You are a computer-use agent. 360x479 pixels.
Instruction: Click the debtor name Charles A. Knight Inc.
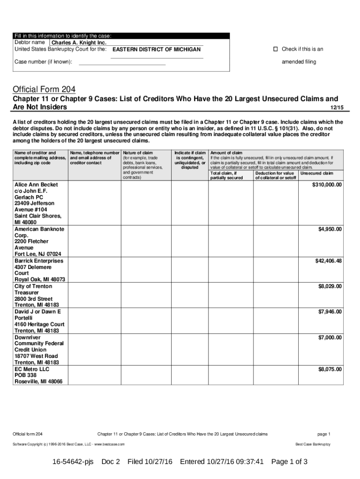79,43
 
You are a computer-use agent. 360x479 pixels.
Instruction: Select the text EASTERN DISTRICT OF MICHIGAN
157,50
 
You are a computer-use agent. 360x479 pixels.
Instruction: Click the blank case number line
122,62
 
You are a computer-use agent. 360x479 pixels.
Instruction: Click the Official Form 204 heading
44,89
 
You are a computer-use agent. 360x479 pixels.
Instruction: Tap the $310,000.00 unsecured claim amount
327,185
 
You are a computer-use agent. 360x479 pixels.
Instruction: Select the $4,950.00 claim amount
330,229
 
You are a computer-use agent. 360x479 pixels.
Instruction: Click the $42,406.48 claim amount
329,261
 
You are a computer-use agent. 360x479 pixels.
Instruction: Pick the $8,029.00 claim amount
330,286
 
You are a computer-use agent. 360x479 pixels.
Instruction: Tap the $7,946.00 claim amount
330,312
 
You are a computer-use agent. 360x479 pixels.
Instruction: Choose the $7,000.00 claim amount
330,337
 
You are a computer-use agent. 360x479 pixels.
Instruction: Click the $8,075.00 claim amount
330,369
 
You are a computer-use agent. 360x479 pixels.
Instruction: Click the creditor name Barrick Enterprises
39,261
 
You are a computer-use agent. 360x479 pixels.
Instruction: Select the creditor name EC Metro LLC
32,369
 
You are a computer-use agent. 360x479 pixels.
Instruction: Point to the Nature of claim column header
138,152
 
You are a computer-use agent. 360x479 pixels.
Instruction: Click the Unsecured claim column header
317,173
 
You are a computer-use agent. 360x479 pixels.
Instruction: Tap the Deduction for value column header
274,173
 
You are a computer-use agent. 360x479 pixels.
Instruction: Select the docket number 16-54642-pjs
73,462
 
